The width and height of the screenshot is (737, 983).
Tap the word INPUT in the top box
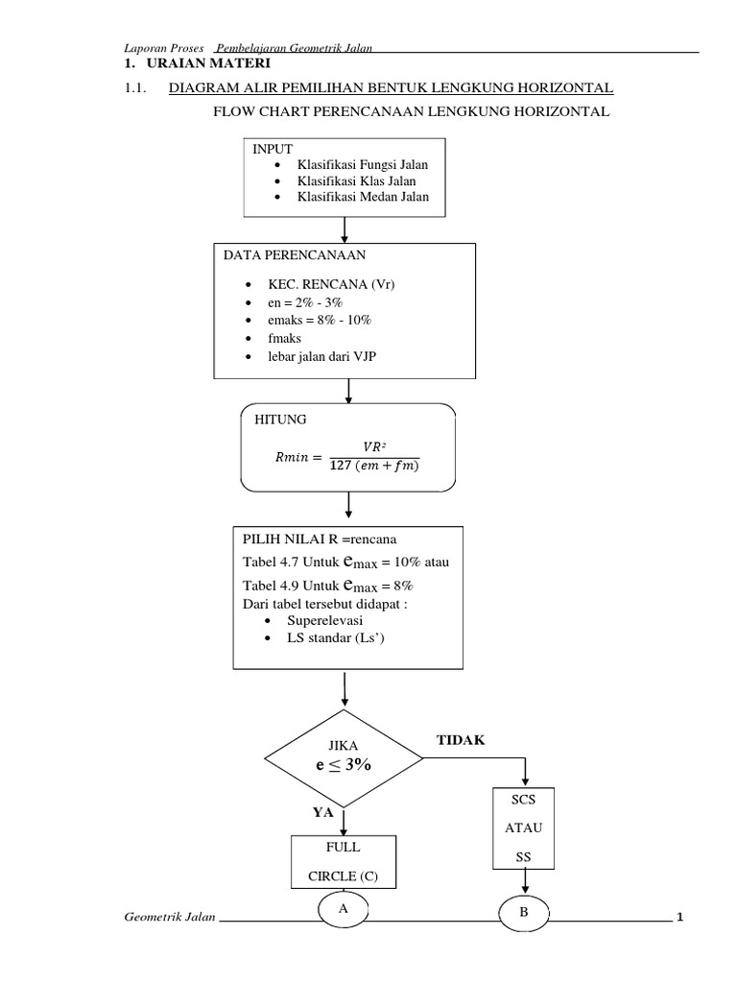coord(273,150)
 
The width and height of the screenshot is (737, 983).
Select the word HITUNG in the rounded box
coord(281,420)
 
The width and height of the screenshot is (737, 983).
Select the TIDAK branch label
coord(461,740)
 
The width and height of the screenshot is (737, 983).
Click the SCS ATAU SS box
coord(523,828)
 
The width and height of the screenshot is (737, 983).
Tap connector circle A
coord(342,909)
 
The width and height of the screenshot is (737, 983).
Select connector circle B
coord(524,914)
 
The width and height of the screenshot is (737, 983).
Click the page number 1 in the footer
coord(679,919)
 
